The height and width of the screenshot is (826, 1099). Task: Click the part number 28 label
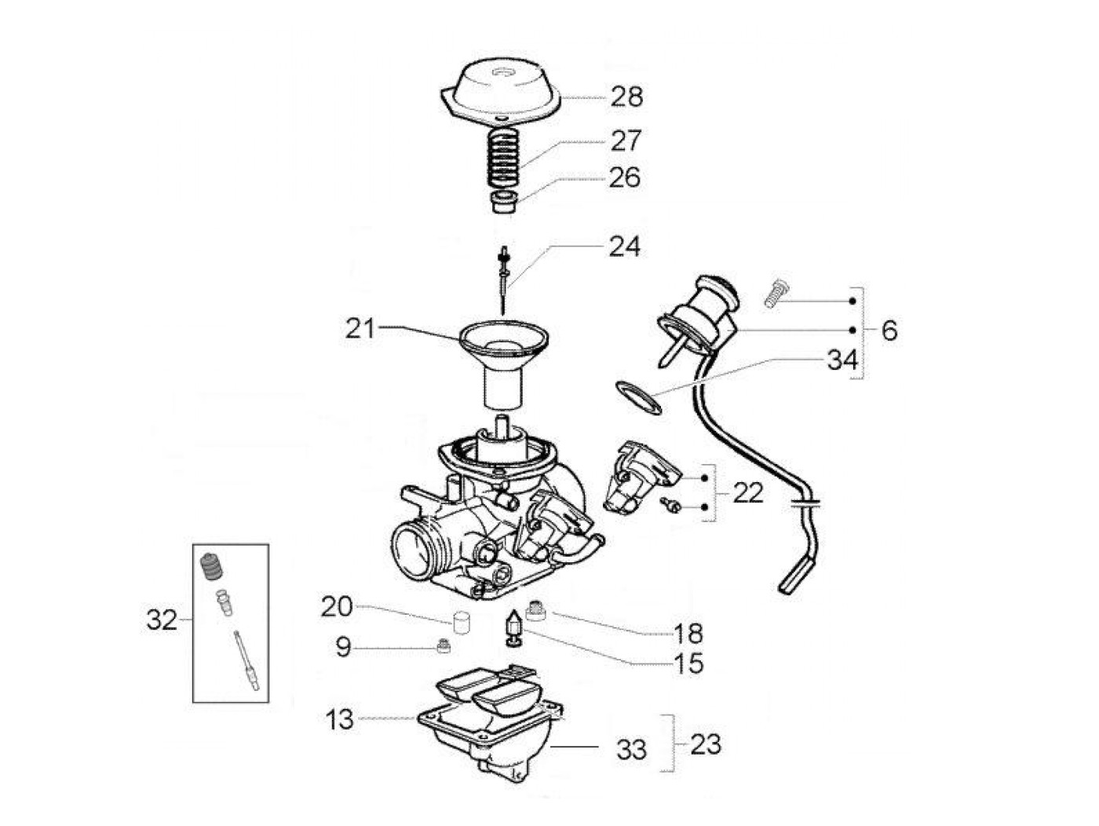click(626, 97)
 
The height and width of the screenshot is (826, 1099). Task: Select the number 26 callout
click(625, 177)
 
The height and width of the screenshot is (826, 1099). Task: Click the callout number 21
click(360, 329)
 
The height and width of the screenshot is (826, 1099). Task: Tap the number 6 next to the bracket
click(889, 331)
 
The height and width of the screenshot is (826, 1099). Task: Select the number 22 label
click(748, 493)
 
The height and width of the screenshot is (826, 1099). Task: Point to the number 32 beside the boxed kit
click(162, 620)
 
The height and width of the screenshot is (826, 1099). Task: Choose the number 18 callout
click(688, 634)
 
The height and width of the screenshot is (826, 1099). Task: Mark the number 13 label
click(340, 719)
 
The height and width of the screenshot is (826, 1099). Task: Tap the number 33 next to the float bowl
click(631, 750)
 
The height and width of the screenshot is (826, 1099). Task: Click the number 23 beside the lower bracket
click(705, 744)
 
